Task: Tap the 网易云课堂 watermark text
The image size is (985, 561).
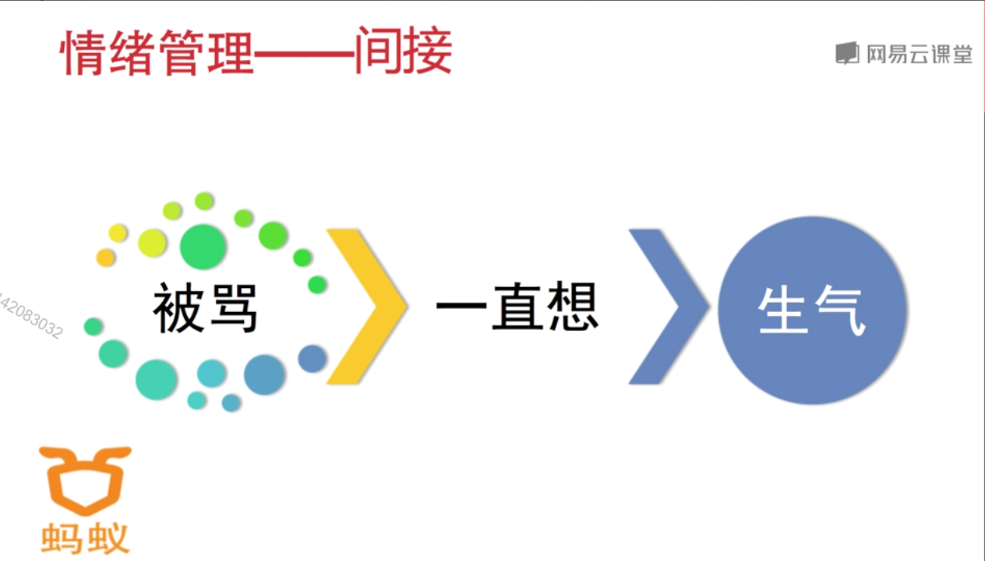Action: coord(920,53)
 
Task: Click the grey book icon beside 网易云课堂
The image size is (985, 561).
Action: coord(846,53)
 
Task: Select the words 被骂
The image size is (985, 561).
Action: coord(205,309)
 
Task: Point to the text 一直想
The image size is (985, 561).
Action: coord(517,307)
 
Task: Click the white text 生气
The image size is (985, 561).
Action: coord(811,311)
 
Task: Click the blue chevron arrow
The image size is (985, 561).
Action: coord(669,307)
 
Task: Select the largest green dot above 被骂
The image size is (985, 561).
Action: coord(203,246)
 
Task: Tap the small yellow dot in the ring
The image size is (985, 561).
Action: coord(118,233)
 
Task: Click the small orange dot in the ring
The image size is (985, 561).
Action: coord(105,257)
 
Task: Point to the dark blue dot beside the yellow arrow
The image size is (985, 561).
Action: coord(312,358)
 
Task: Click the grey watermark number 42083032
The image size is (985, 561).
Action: coord(31,316)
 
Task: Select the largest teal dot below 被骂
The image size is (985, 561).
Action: coord(157,380)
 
